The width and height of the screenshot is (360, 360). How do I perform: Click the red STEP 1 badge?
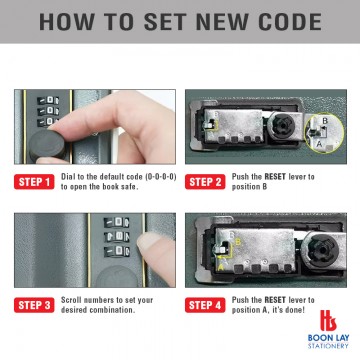(x=34, y=182)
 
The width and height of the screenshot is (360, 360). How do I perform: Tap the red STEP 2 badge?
(x=205, y=182)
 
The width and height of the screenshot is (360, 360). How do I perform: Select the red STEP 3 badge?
(x=34, y=305)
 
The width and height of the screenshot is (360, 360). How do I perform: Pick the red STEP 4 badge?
(x=205, y=305)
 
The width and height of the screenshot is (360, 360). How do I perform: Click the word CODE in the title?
(x=285, y=21)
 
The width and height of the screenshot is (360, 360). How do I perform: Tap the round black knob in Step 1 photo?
(x=47, y=146)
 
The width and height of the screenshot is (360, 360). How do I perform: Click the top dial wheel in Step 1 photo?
(x=48, y=100)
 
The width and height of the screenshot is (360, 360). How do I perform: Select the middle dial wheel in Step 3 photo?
(x=117, y=237)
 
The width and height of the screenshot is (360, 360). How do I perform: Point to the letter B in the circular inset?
(x=325, y=121)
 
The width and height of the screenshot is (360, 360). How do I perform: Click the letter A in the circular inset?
(x=319, y=144)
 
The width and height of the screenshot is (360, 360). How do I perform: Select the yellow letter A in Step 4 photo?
(x=220, y=267)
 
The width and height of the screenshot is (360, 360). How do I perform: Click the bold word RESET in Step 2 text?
(x=275, y=177)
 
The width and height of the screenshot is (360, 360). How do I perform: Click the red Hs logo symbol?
(x=328, y=320)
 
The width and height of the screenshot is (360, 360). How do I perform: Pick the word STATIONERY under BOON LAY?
(x=328, y=346)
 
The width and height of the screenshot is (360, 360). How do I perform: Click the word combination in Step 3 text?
(x=113, y=310)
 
